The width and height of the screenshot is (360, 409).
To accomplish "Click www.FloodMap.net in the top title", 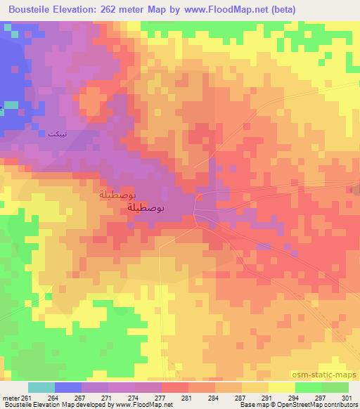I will tap(212, 10).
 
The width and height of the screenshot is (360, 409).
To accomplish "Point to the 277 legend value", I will tap(161, 397).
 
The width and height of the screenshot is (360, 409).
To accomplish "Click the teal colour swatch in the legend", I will tap(41, 387).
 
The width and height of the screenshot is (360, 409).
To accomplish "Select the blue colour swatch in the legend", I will tap(68, 387).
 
